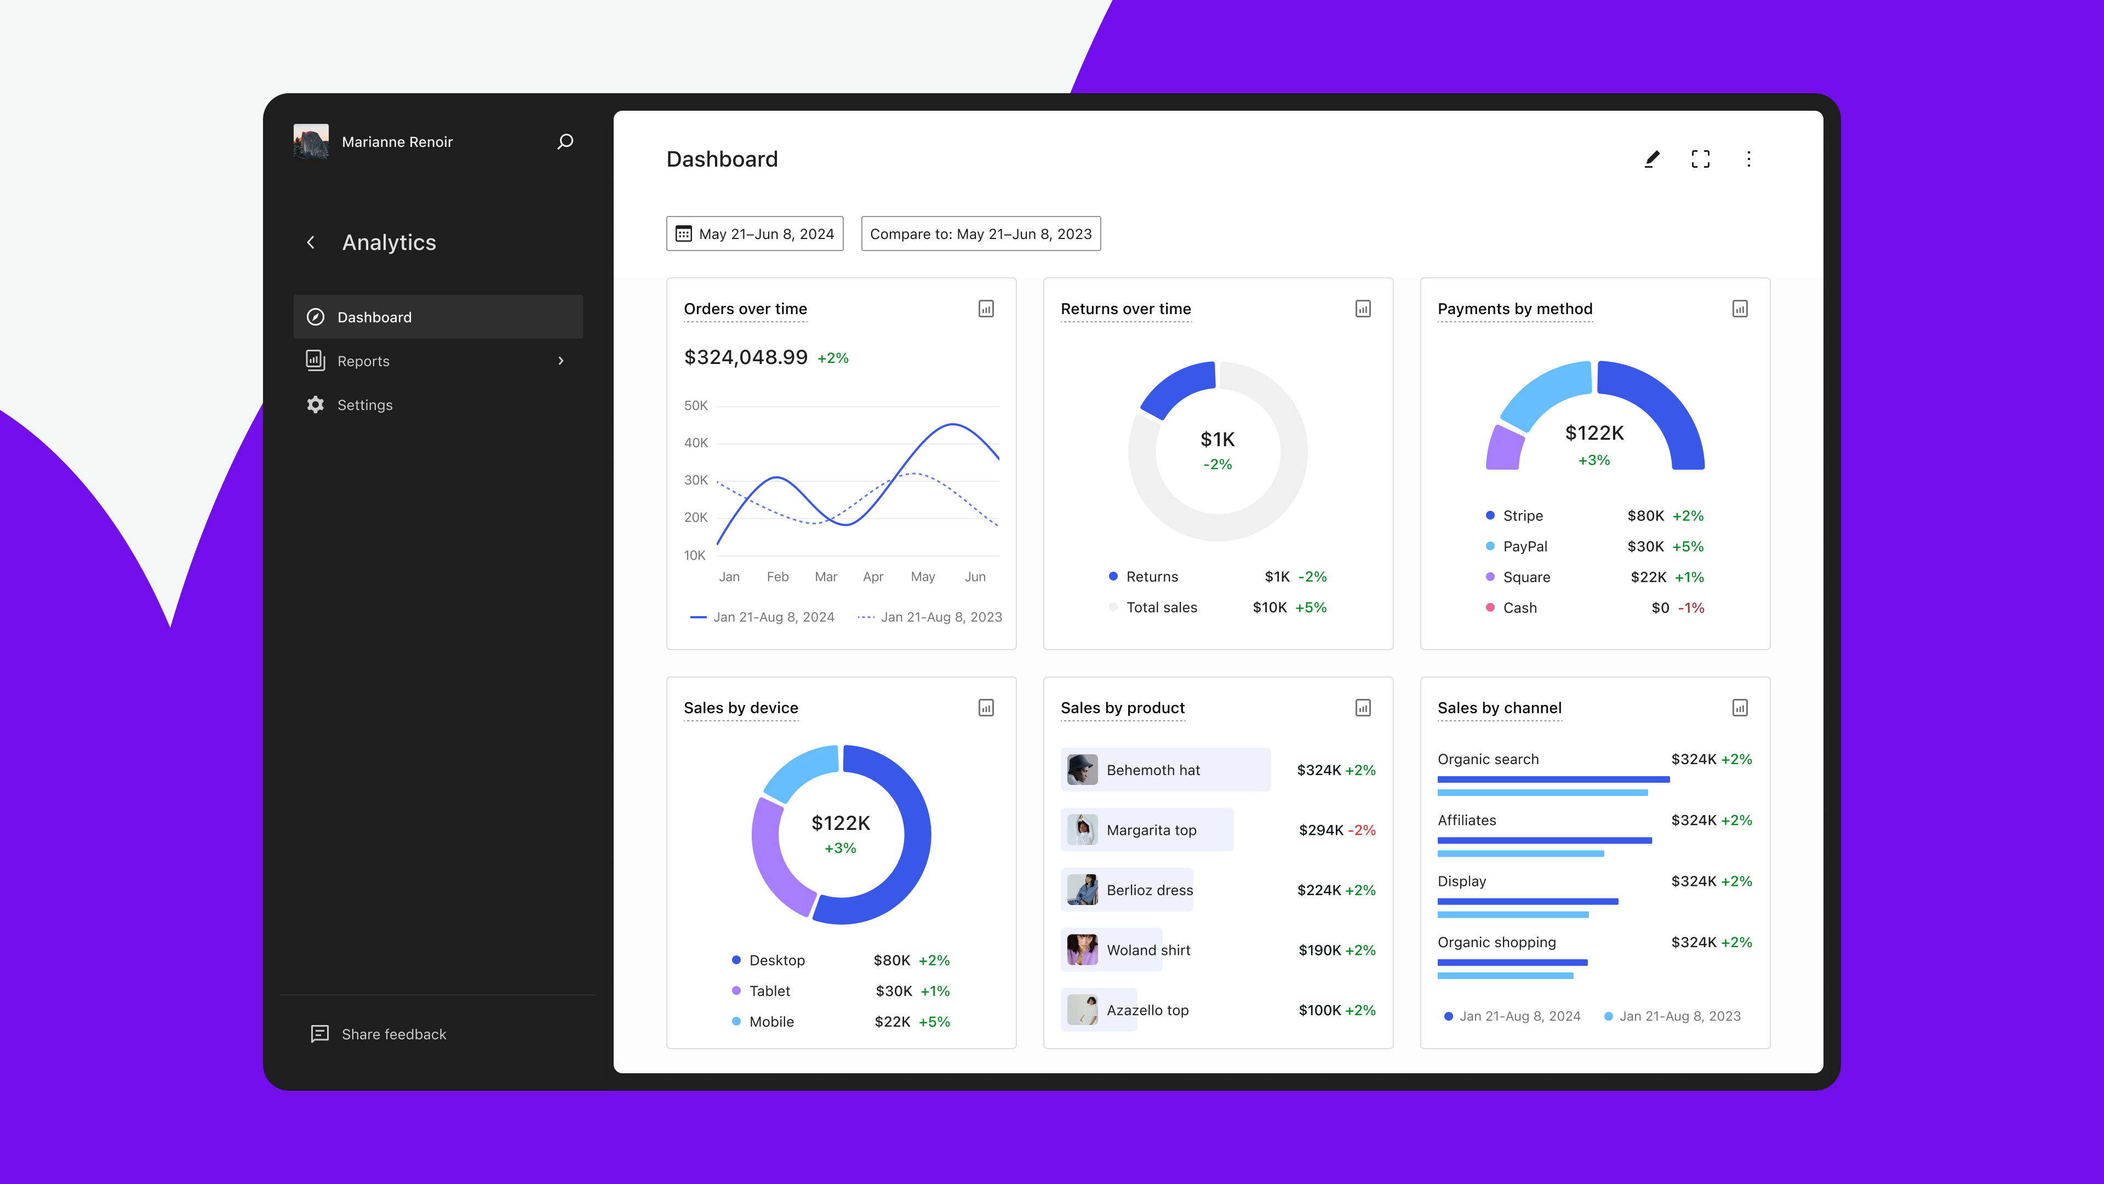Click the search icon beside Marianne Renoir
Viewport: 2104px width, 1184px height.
coord(564,141)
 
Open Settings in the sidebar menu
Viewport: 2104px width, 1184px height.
coord(364,405)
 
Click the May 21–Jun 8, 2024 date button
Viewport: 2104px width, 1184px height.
coord(754,234)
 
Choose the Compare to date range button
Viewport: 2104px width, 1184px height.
coord(980,234)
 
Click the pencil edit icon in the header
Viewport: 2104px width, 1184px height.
coord(1651,158)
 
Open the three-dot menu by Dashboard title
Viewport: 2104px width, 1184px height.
coord(1748,158)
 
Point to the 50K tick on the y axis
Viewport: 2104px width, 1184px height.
coord(696,405)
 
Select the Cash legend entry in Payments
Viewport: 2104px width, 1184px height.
coord(1519,607)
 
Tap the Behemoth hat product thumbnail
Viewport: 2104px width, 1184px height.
coord(1082,770)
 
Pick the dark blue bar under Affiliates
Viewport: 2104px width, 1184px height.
coord(1543,840)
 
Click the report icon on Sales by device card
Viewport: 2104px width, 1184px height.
coord(986,708)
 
